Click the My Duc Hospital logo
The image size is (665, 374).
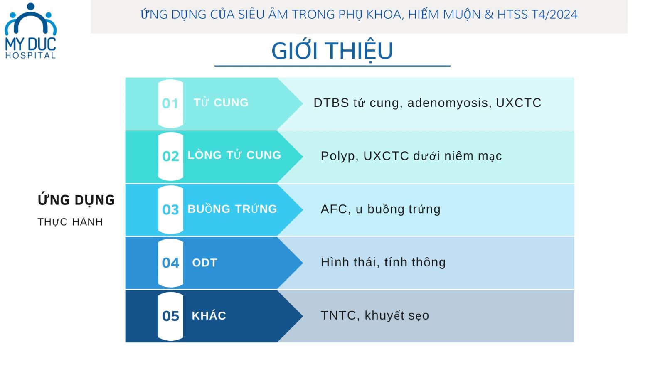31,31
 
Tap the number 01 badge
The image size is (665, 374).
170,103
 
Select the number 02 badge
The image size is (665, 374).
170,156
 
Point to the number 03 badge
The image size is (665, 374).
170,209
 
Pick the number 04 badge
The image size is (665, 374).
170,263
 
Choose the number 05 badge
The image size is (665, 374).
170,316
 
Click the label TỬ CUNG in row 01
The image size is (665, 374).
221,102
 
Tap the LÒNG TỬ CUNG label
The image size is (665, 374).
234,155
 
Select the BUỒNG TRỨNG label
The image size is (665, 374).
232,208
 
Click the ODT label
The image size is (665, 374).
204,263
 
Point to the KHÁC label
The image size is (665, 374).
209,315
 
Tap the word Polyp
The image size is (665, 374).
337,156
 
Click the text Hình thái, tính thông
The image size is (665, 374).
383,262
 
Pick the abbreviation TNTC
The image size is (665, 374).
338,315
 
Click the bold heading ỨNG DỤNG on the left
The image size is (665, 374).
76,199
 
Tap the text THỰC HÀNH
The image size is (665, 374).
70,222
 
